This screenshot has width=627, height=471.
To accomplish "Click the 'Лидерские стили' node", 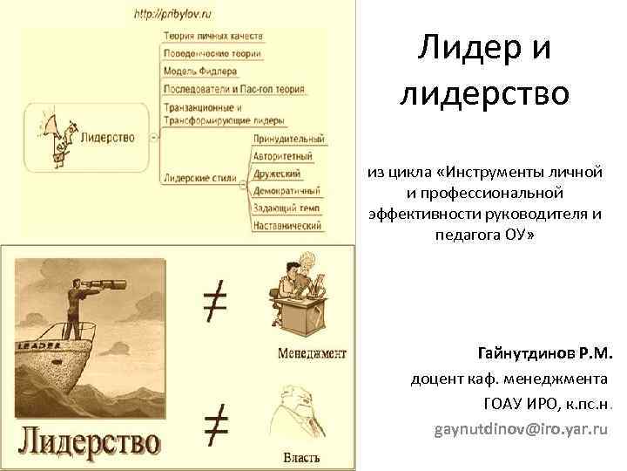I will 199,179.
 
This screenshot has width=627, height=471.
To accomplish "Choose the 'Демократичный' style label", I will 287,190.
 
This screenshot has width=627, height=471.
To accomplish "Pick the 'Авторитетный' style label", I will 282,156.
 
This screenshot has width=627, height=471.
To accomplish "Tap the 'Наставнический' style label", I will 287,225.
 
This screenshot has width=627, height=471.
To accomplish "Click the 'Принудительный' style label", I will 288,139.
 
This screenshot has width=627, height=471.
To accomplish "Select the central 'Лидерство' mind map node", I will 106,137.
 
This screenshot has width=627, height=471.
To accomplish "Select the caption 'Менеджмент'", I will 312,353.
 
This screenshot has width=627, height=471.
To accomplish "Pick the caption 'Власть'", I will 301,457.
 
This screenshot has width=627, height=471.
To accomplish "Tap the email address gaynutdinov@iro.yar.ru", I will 520,430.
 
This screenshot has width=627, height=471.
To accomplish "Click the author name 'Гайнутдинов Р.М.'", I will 545,354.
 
